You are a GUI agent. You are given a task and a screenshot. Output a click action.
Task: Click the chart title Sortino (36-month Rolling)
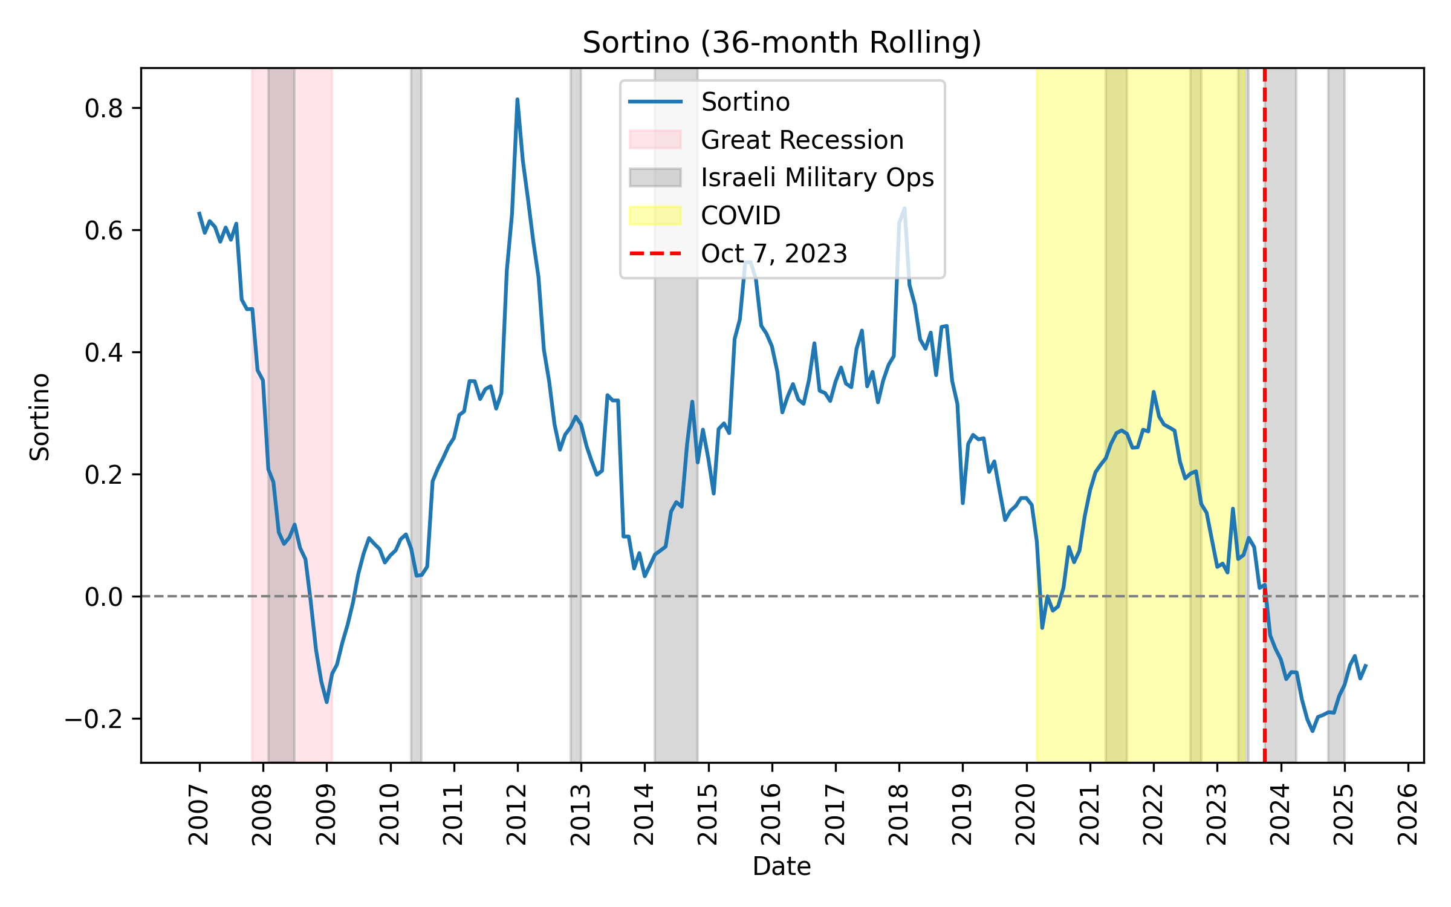[x=782, y=43]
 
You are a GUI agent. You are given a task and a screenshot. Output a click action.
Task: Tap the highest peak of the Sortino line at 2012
[x=517, y=100]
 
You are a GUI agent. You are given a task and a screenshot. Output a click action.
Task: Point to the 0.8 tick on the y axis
[x=138, y=108]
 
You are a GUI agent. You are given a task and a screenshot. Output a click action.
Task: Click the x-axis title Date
[x=782, y=866]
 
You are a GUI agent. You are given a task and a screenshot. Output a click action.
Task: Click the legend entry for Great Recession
[x=802, y=140]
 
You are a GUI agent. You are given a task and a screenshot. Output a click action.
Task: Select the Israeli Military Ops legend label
[x=817, y=177]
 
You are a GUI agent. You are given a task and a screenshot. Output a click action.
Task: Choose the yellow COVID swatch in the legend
[x=655, y=215]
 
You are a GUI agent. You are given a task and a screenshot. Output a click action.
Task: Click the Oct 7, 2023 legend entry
[x=774, y=253]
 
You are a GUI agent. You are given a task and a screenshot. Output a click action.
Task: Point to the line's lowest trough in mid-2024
[x=1313, y=730]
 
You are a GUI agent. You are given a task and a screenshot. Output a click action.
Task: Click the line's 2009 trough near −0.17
[x=326, y=701]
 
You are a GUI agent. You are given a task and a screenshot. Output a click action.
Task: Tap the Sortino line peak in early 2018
[x=904, y=209]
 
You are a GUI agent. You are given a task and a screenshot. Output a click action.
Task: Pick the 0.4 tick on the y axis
[x=138, y=352]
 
